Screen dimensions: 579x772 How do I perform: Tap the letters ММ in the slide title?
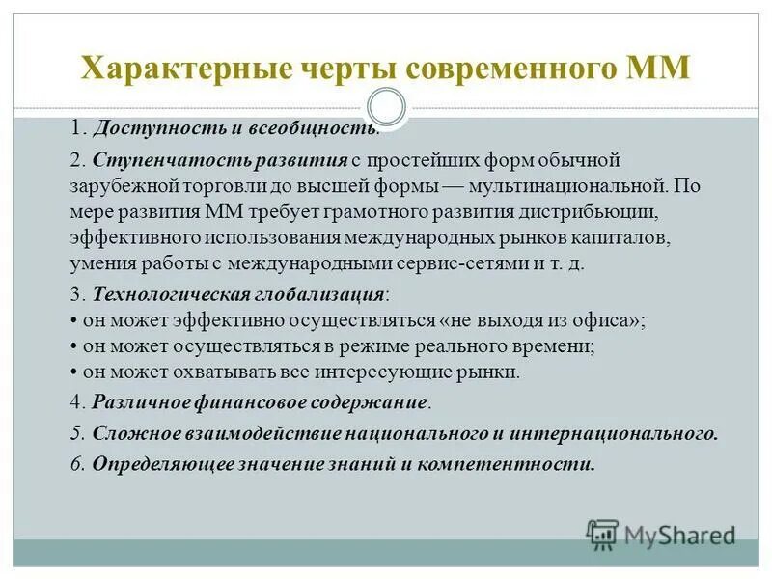coord(659,70)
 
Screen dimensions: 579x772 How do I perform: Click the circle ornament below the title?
coord(387,107)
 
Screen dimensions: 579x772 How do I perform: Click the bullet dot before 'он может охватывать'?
coord(74,372)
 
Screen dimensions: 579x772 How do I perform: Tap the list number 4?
coord(77,400)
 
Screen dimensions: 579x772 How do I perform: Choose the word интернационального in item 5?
coord(633,432)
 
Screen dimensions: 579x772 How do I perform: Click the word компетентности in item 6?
coord(529,464)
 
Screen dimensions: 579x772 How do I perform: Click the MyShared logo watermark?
coord(660,534)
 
